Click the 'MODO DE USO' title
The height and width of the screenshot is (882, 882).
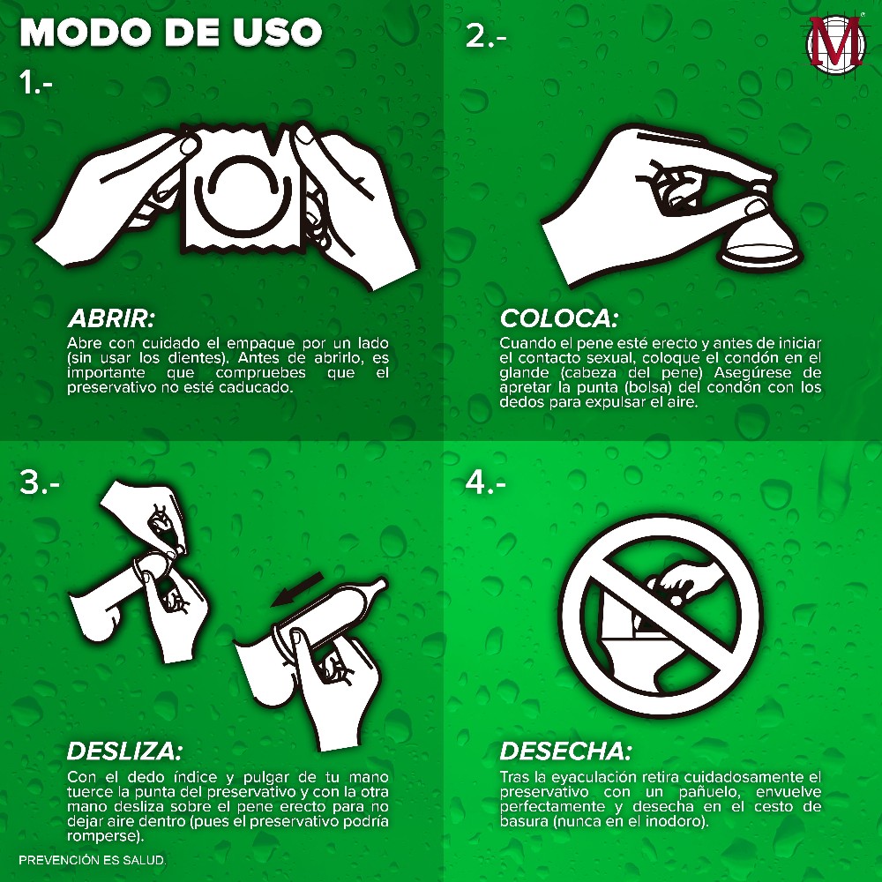pyautogui.click(x=171, y=32)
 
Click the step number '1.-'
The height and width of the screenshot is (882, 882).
pyautogui.click(x=35, y=83)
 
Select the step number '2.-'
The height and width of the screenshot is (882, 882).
pyautogui.click(x=486, y=36)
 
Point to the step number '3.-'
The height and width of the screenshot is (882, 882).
pyautogui.click(x=40, y=482)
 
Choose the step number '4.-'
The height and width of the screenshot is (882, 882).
pyautogui.click(x=485, y=482)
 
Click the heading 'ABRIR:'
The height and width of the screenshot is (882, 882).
pyautogui.click(x=111, y=318)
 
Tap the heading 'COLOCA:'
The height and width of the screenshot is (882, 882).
pyautogui.click(x=558, y=318)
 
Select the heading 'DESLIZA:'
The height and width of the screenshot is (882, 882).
pyautogui.click(x=124, y=751)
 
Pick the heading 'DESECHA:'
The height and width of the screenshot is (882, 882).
pyautogui.click(x=566, y=751)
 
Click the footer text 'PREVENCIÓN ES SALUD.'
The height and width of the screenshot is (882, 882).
pyautogui.click(x=93, y=860)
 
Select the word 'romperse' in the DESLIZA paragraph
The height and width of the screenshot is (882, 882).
pyautogui.click(x=101, y=836)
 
